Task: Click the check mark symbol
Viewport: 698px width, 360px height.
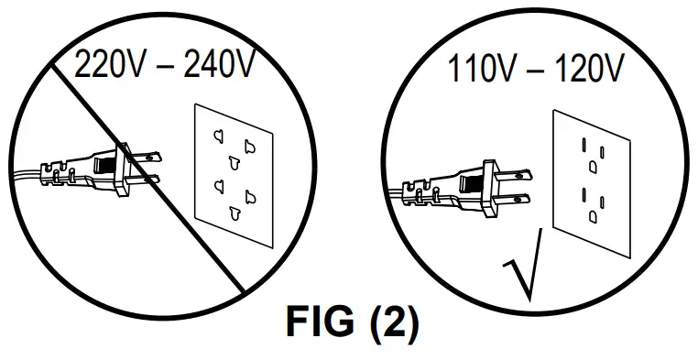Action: (x=522, y=266)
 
